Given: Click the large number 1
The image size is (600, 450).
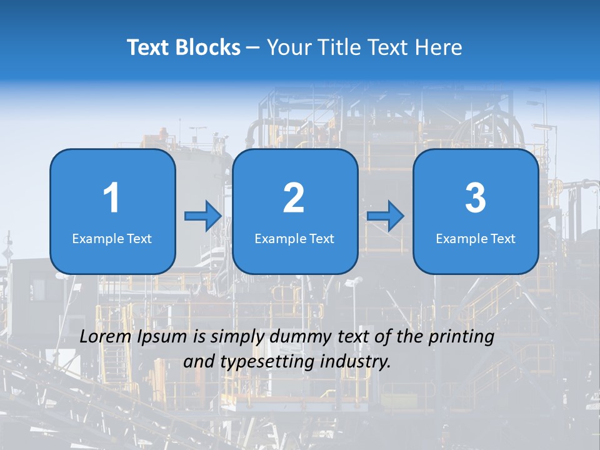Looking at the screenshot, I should click(111, 198).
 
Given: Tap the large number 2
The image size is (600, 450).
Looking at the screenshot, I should click(294, 198).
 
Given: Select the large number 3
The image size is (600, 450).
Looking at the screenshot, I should click(476, 198).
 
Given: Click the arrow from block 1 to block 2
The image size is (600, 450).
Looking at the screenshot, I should click(203, 216).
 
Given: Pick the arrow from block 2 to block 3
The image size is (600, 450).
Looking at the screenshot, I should click(385, 216).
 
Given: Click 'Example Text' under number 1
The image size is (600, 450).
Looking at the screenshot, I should click(112, 239).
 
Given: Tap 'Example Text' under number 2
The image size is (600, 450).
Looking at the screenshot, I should click(294, 239).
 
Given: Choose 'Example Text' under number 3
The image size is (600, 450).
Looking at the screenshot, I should click(476, 239).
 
